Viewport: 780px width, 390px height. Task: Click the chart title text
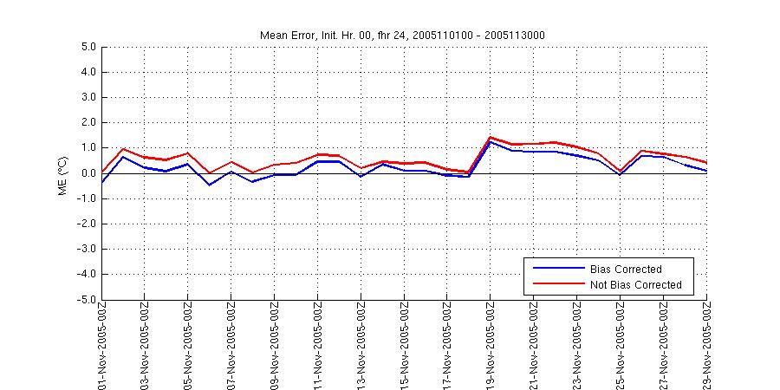403,35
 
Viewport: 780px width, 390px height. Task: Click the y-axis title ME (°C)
63,173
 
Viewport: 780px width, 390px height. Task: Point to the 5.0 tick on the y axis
87,48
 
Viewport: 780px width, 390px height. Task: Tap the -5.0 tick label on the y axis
85,300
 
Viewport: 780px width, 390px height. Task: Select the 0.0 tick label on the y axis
87,173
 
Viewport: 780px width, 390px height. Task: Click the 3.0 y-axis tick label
87,98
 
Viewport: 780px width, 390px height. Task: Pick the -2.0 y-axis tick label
85,224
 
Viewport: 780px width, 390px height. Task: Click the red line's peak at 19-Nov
491,137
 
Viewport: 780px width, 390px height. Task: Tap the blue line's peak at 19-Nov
491,141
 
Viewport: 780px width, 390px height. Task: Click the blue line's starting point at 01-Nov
102,182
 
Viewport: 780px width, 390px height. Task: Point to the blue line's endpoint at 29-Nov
706,171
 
